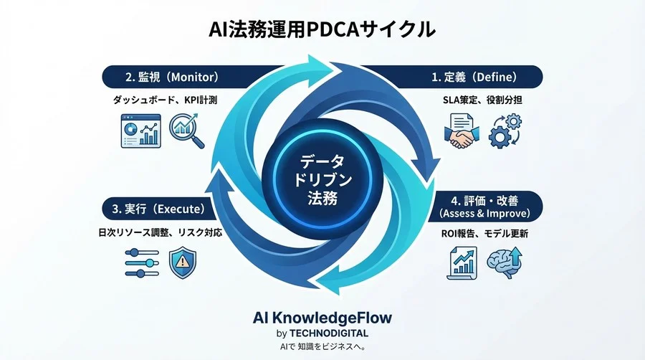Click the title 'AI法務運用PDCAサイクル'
[322, 29]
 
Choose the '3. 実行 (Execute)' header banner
[161, 209]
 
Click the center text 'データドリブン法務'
[322, 176]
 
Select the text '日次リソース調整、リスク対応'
[160, 233]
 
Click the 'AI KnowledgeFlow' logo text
[322, 317]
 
